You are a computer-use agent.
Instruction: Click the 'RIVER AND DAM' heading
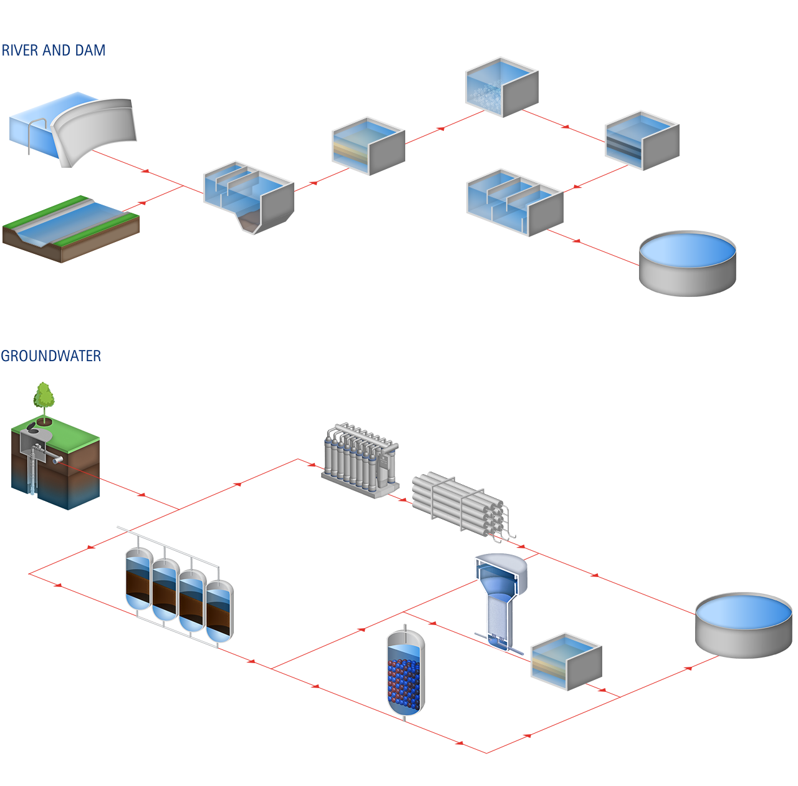click(x=53, y=51)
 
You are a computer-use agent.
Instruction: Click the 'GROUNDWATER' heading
click(x=50, y=356)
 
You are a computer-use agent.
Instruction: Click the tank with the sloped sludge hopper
click(x=248, y=198)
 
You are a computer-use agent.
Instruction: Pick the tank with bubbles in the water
click(x=501, y=87)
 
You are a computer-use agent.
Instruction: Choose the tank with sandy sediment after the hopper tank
click(x=368, y=146)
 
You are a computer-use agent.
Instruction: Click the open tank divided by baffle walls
click(x=514, y=203)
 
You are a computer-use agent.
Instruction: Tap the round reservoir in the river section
click(x=687, y=263)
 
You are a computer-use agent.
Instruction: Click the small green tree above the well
click(x=44, y=395)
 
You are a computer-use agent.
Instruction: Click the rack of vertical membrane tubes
click(x=360, y=460)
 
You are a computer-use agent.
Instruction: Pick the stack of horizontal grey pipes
click(x=463, y=507)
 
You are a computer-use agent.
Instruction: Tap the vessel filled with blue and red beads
click(x=405, y=674)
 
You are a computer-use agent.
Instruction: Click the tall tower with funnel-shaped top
click(x=500, y=602)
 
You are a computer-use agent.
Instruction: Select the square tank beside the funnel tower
click(x=565, y=662)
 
